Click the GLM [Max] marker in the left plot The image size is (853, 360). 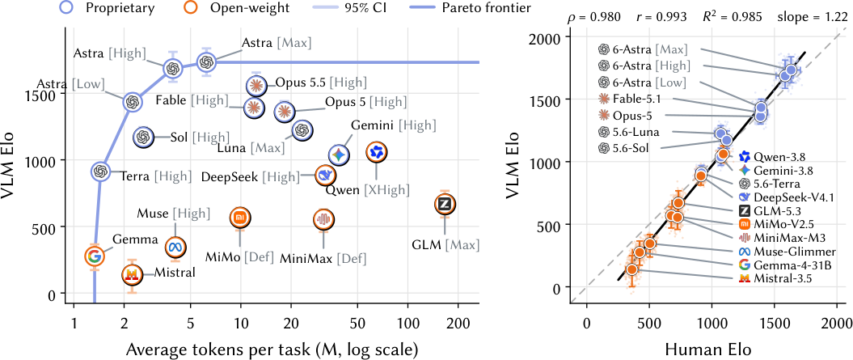445,204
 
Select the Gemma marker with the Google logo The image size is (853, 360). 94,256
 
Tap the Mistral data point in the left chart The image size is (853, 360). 131,276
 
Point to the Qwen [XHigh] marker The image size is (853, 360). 377,153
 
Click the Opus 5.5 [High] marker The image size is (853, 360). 256,84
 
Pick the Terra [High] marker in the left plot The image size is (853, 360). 99,172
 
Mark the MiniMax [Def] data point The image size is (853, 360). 324,219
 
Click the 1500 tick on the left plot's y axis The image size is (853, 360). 46,94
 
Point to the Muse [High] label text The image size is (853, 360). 174,213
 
